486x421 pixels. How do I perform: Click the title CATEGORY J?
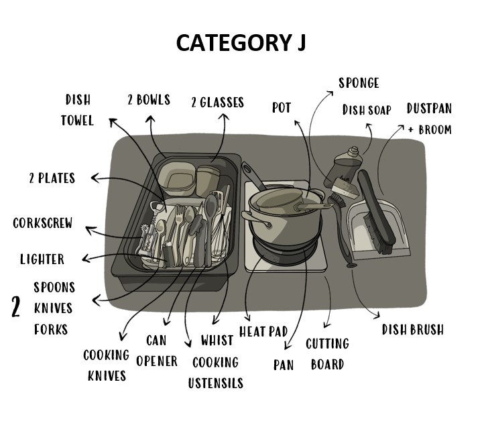[241, 42]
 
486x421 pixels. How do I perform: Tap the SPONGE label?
[359, 83]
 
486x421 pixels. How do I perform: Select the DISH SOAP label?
[367, 110]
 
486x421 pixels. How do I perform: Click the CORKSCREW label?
[43, 223]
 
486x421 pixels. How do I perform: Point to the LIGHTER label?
[42, 259]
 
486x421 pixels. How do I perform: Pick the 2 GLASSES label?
[218, 103]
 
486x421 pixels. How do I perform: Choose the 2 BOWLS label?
[149, 100]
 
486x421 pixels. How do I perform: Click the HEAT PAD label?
[263, 332]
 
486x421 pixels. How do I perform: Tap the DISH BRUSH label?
[412, 330]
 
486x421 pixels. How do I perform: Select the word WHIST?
[217, 341]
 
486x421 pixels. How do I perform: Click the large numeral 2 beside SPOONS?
[15, 307]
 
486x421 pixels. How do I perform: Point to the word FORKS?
[51, 330]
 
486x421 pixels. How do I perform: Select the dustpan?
[378, 229]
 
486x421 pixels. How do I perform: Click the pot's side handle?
[255, 218]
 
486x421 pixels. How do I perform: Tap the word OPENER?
[157, 361]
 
